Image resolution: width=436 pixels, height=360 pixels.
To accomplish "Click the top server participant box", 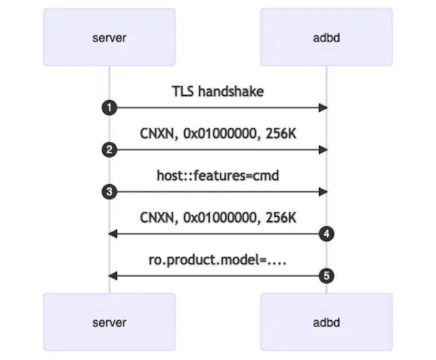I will tap(109, 37).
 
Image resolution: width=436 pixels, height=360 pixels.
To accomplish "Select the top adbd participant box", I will tap(326, 37).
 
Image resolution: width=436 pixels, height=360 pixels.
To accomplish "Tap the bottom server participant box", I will tap(109, 322).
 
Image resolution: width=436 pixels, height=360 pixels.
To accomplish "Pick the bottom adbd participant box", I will tap(326, 322).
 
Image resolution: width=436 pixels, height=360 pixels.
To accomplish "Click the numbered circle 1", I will tap(109, 108).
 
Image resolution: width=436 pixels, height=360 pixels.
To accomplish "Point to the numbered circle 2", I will tap(109, 150).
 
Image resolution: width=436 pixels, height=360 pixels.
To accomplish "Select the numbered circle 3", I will tap(109, 192).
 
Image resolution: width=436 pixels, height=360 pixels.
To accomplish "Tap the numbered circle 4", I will tap(326, 234).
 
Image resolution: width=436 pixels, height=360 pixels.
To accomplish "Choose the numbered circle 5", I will tap(326, 275).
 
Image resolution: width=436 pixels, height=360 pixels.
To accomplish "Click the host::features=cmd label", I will tap(217, 176).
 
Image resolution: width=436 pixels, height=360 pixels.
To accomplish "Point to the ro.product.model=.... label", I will tap(217, 260).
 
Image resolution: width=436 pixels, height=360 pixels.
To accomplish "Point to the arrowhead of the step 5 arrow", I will tap(113, 275).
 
